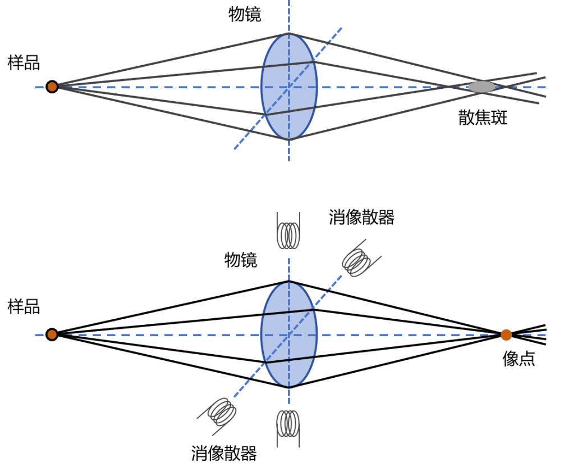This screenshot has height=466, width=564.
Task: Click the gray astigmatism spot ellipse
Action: [x=482, y=87]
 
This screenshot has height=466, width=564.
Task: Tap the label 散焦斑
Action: [x=483, y=117]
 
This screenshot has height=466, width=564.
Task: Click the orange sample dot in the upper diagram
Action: [x=52, y=87]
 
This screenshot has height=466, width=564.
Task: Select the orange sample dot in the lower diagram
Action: [x=52, y=334]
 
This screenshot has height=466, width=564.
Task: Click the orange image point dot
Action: [x=506, y=335]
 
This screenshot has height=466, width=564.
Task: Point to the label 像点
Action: [x=519, y=359]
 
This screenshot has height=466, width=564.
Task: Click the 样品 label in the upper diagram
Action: [x=24, y=62]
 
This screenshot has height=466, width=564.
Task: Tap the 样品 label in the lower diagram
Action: [x=24, y=307]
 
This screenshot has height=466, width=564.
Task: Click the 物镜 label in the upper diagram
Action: [x=245, y=15]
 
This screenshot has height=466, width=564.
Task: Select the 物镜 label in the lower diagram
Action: [x=241, y=260]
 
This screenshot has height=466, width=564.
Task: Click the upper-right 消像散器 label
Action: [x=361, y=218]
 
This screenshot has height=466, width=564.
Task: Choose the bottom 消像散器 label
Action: [x=224, y=453]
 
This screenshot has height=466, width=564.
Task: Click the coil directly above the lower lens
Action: [x=288, y=230]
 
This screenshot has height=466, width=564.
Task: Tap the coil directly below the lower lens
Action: [x=288, y=428]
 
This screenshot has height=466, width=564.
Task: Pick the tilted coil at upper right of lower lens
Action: [x=360, y=259]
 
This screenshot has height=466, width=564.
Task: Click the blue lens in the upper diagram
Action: [x=289, y=87]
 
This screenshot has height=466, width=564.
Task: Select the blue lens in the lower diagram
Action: [x=289, y=334]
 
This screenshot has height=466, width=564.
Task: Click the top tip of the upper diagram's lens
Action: [x=289, y=33]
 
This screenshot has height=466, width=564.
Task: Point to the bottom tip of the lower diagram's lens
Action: [x=289, y=388]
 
